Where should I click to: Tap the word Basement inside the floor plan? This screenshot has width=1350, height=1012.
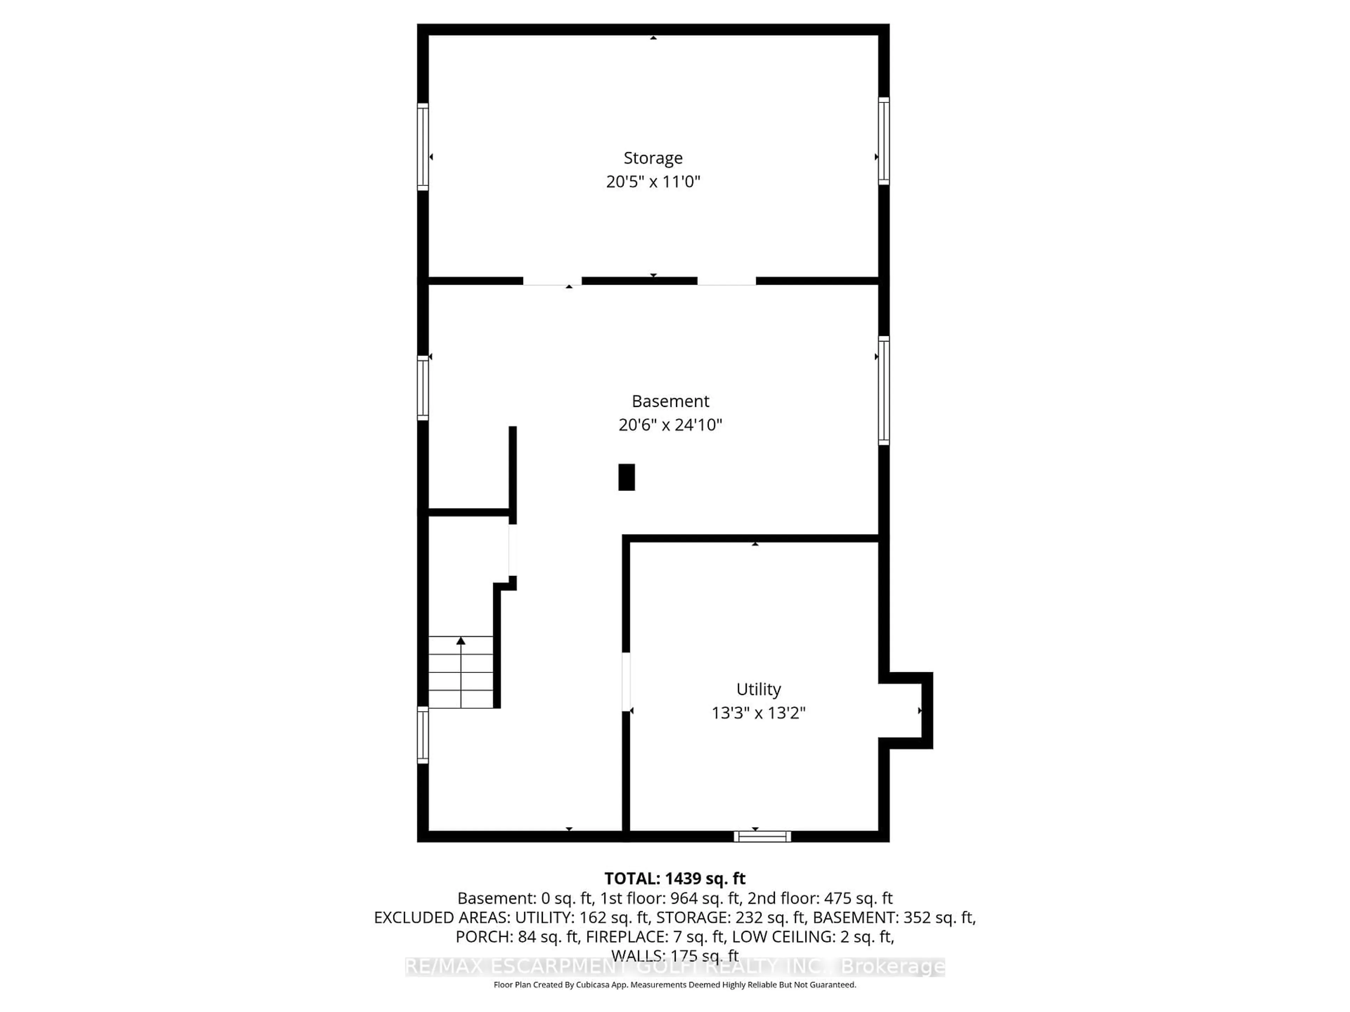click(670, 401)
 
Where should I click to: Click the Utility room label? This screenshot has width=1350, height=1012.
click(758, 689)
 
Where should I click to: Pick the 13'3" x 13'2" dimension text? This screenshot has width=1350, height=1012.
click(758, 713)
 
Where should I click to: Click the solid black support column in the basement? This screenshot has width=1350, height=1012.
click(626, 477)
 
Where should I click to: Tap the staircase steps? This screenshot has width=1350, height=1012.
click(461, 672)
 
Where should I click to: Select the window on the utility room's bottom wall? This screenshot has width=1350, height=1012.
click(762, 836)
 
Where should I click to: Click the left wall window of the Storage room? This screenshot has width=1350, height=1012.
click(422, 147)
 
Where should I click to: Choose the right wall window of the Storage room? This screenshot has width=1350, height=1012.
click(883, 141)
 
